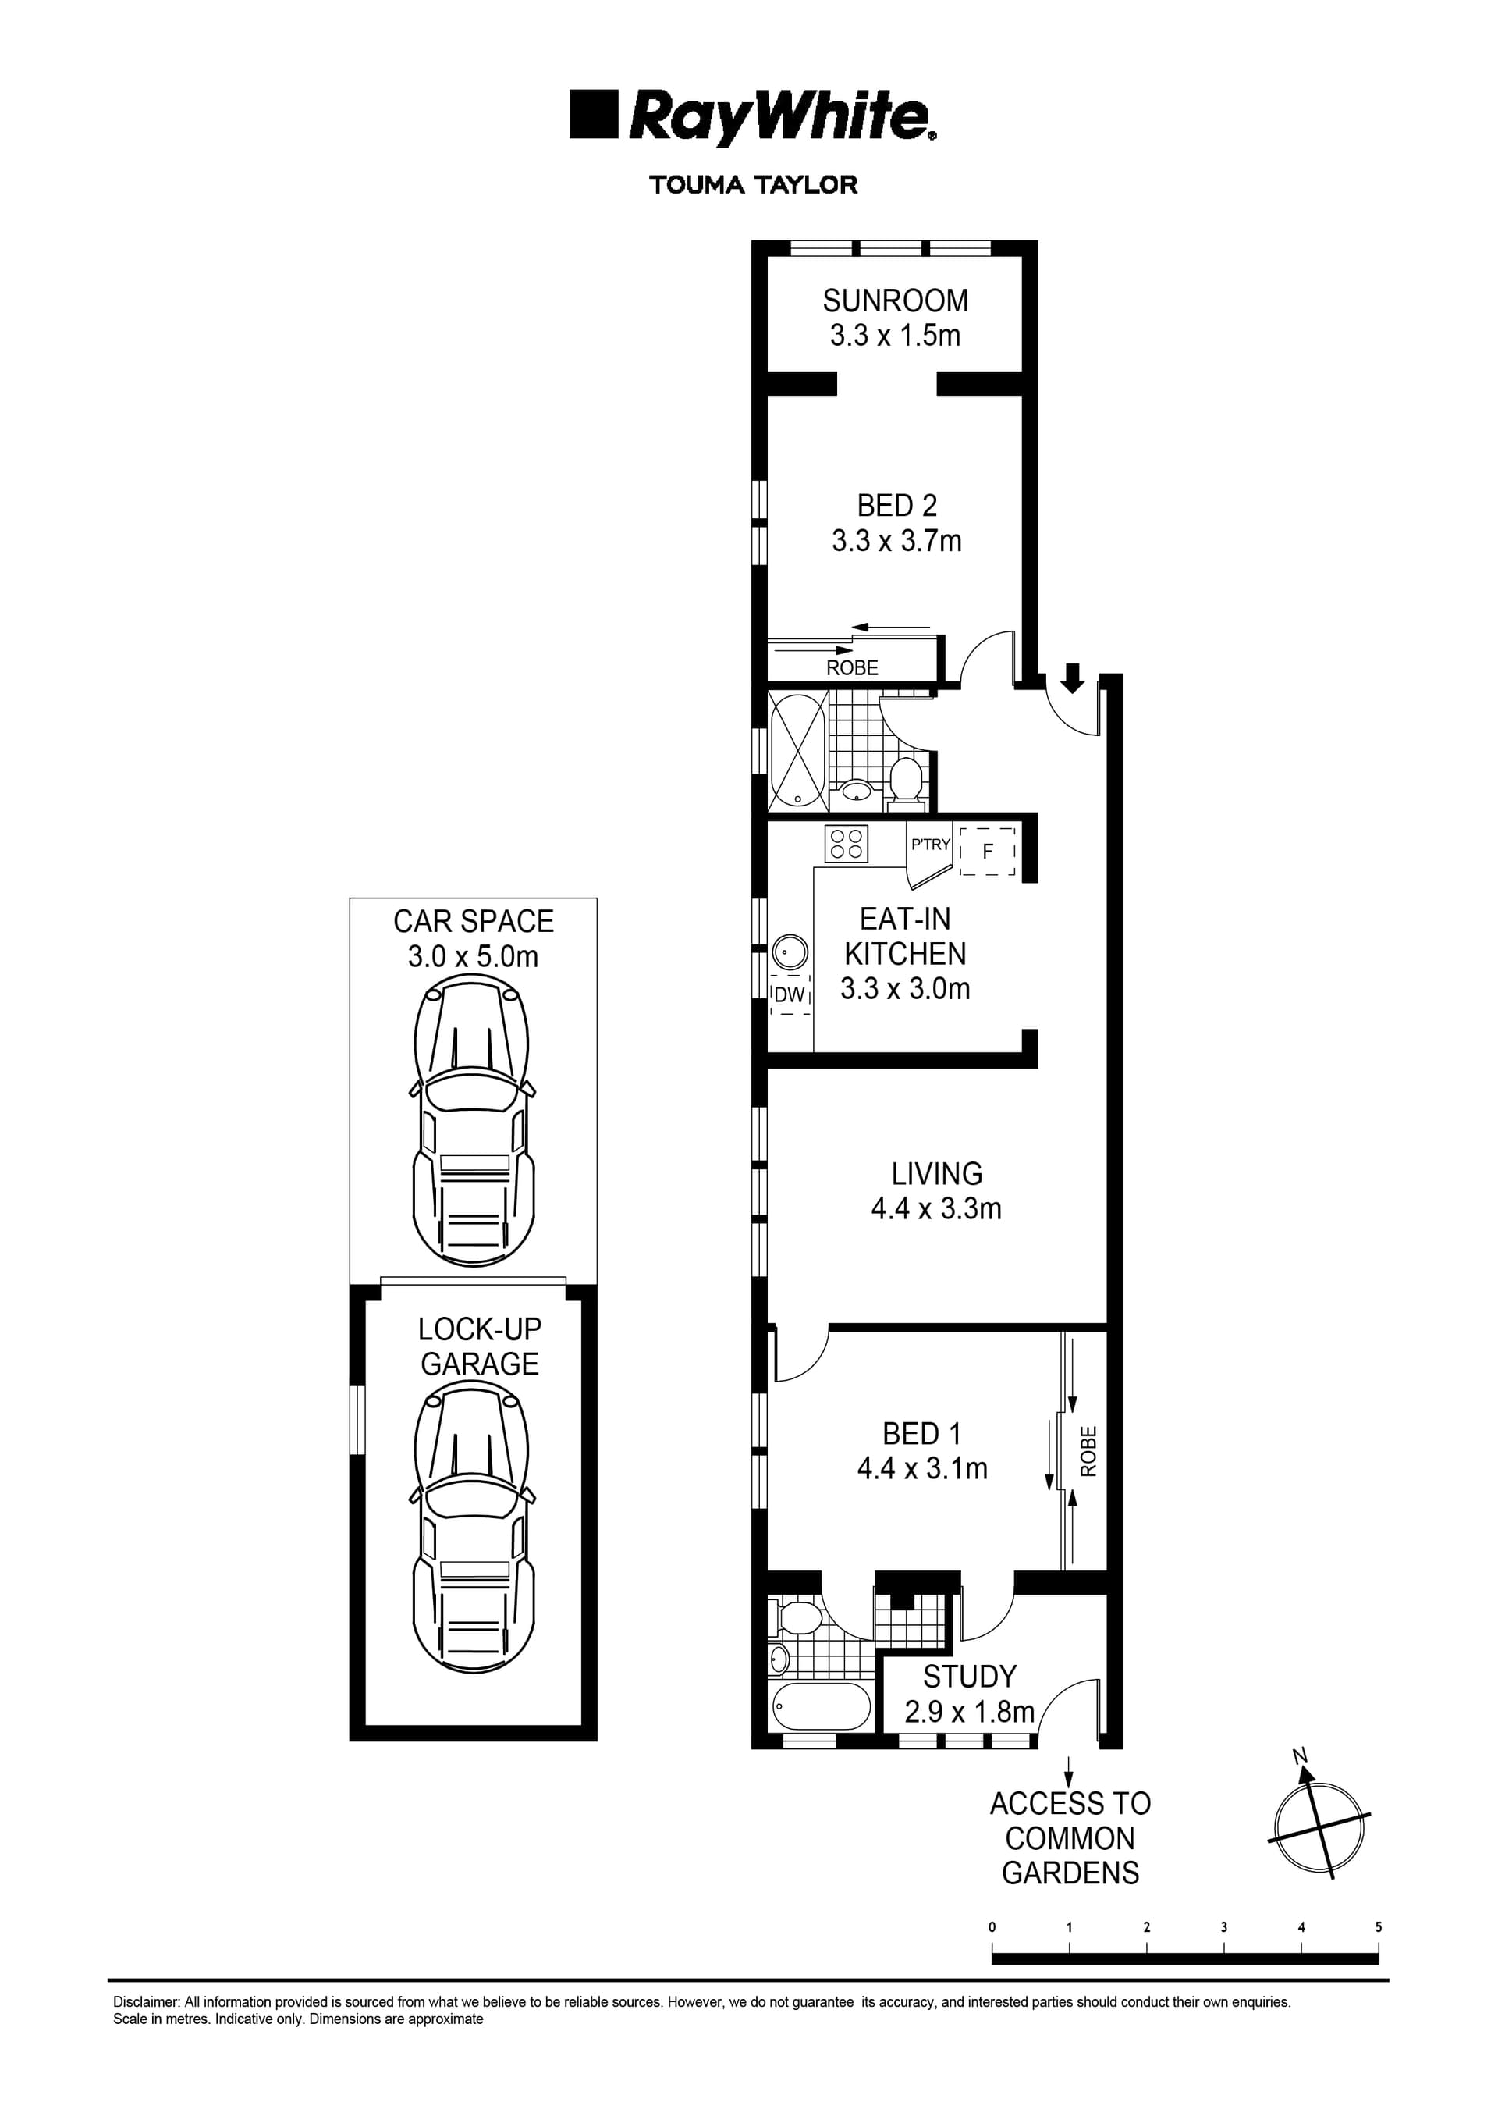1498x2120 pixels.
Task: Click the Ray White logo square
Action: [592, 115]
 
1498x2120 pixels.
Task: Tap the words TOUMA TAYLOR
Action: [753, 185]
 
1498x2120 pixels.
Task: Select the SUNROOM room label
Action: [896, 301]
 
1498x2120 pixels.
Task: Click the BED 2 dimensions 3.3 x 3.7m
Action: [896, 540]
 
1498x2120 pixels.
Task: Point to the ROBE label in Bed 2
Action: [852, 667]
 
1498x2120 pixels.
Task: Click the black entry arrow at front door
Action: [1071, 678]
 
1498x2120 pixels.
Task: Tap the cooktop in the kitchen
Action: [847, 843]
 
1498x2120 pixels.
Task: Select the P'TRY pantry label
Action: [929, 844]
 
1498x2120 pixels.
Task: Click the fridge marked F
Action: [988, 852]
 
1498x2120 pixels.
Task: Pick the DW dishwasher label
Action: [790, 995]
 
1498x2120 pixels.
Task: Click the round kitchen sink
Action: [790, 951]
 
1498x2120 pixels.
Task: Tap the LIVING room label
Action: [936, 1174]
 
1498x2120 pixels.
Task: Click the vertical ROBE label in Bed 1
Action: [1088, 1450]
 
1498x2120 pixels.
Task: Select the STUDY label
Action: [969, 1676]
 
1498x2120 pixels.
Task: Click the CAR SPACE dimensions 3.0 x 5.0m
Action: [473, 957]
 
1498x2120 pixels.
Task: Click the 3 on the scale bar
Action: [1224, 1927]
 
